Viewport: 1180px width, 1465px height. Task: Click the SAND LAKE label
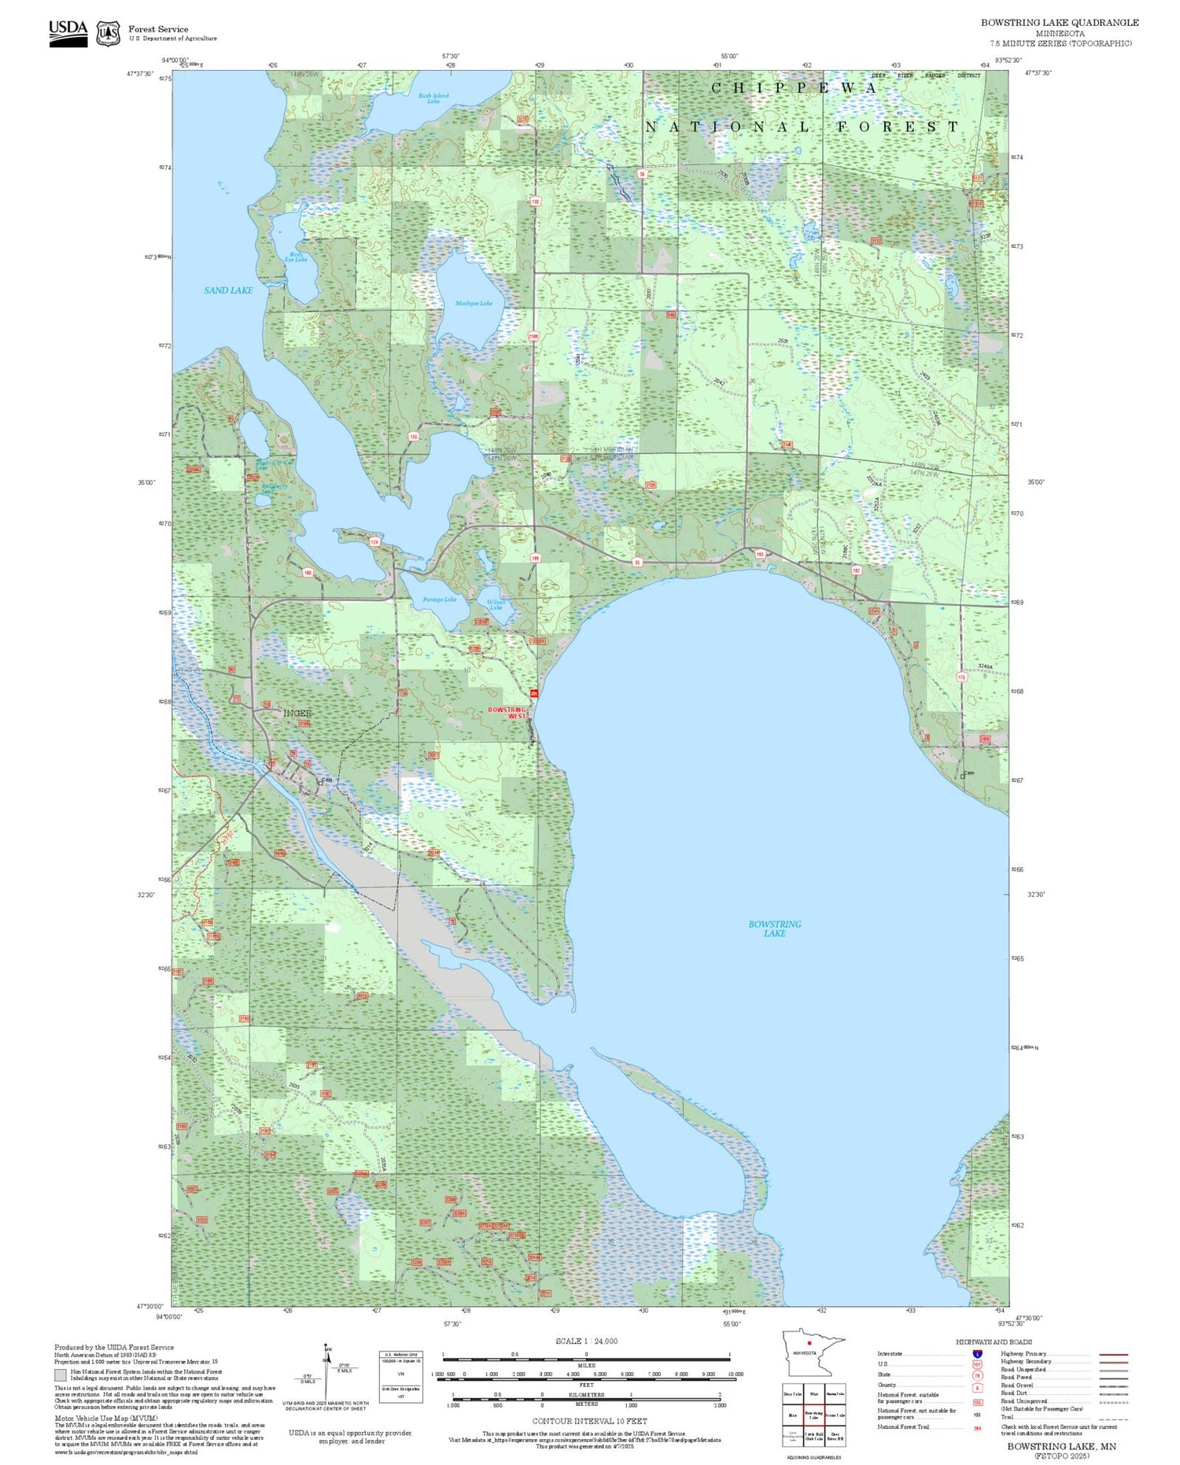click(x=228, y=290)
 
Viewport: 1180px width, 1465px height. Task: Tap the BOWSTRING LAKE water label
click(x=775, y=928)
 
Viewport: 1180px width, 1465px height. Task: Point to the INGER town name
click(x=297, y=713)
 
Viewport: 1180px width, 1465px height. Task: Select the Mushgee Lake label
click(x=474, y=304)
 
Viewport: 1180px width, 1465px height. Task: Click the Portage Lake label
click(x=439, y=600)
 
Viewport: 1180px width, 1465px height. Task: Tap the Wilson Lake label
click(x=496, y=604)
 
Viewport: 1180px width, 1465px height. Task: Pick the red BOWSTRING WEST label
click(x=507, y=713)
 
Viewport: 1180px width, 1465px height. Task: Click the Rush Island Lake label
click(x=433, y=98)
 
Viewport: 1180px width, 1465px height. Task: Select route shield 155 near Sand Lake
click(x=413, y=437)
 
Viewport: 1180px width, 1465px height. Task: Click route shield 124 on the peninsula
click(x=374, y=542)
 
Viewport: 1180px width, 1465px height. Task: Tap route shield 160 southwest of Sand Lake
click(x=308, y=573)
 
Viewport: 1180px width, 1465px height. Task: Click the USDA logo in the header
click(x=68, y=33)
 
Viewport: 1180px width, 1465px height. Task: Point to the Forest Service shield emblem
click(x=108, y=34)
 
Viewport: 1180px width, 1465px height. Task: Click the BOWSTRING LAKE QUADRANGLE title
click(x=1059, y=23)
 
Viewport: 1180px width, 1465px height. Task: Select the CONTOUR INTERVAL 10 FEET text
click(x=589, y=1421)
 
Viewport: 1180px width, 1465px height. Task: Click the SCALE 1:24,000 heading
click(x=586, y=1341)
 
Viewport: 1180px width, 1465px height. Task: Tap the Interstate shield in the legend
click(x=977, y=1353)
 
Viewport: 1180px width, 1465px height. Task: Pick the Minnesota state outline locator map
click(x=813, y=1352)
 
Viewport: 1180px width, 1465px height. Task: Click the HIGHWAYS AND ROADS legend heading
click(x=994, y=1341)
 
